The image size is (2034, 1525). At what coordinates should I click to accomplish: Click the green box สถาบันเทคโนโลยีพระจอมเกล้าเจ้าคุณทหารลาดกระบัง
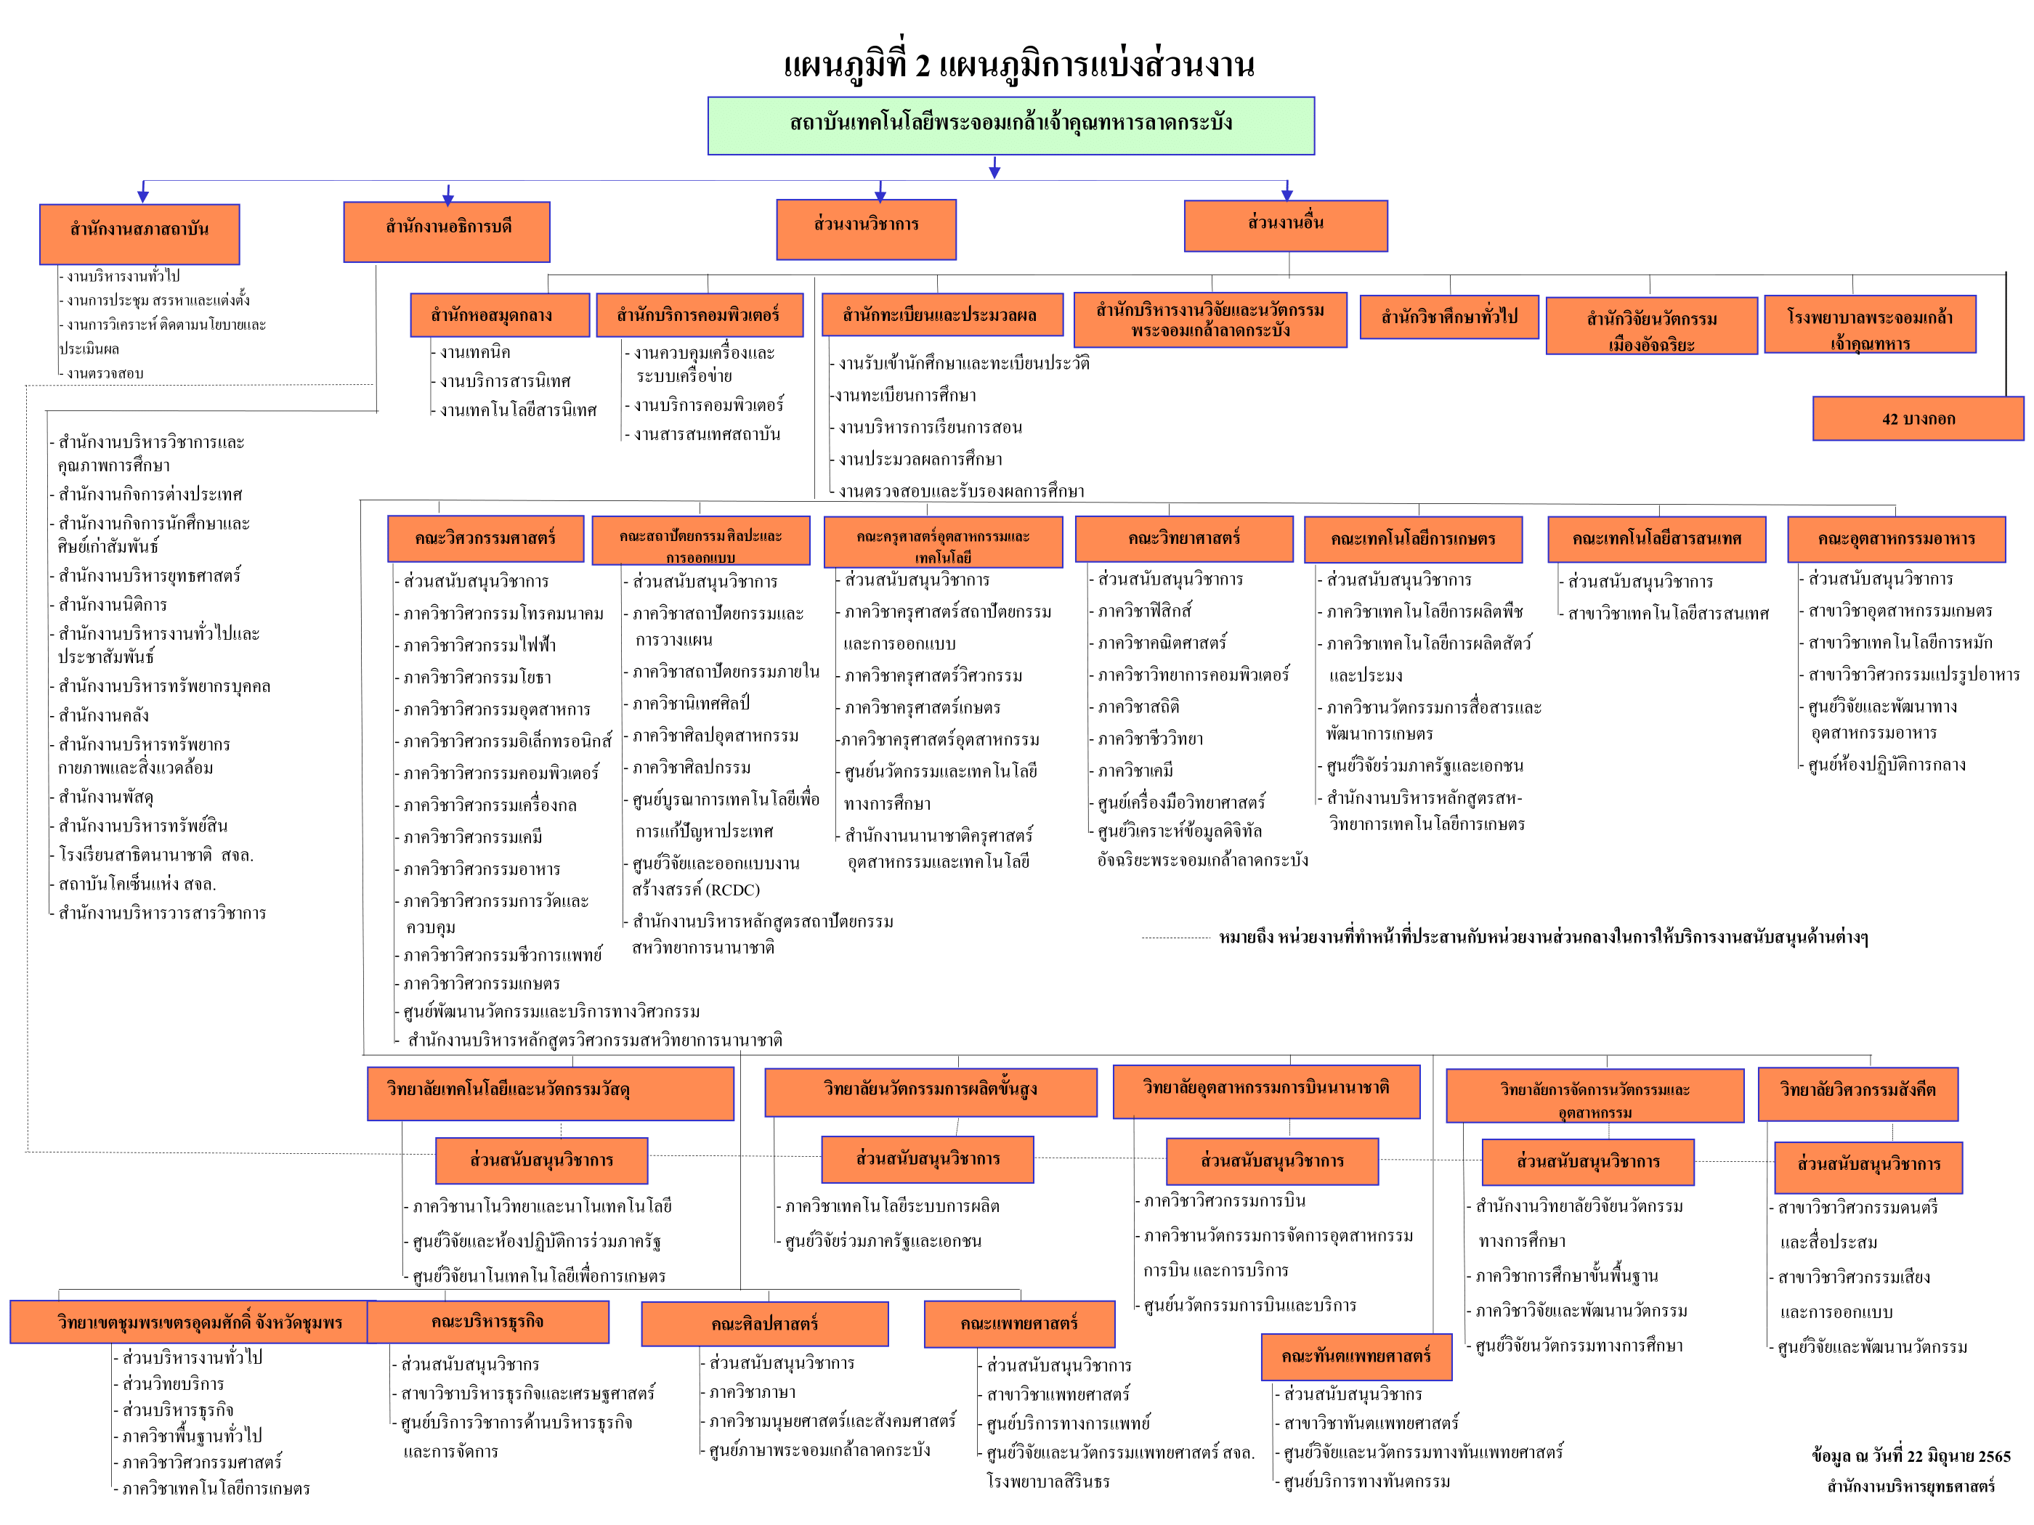pos(1010,125)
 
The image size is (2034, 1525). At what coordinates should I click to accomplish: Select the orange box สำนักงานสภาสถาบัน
pos(139,234)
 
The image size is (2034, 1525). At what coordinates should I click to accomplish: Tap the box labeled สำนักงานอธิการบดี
pos(447,232)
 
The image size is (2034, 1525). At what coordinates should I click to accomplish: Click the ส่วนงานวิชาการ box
pos(866,229)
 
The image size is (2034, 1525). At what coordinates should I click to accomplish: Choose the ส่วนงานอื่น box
pos(1286,226)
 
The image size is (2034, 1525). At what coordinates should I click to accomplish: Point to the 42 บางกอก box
pos(1918,419)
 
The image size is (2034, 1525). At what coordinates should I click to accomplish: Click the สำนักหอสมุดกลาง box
pos(499,315)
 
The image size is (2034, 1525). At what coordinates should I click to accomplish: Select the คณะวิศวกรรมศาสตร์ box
pos(485,539)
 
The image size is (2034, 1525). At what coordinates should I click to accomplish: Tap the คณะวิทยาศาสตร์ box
pos(1184,539)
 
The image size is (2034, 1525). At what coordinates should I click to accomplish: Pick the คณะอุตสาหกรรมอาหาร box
pos(1896,540)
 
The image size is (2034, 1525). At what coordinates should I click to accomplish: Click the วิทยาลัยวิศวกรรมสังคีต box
pos(1857,1094)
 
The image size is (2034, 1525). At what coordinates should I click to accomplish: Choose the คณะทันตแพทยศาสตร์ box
pos(1356,1357)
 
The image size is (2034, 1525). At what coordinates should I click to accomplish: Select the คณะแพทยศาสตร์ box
pos(1019,1325)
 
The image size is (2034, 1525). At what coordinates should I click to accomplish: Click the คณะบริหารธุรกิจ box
pos(487,1322)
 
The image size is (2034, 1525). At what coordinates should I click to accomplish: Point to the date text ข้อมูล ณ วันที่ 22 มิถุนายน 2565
pos(1911,1457)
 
